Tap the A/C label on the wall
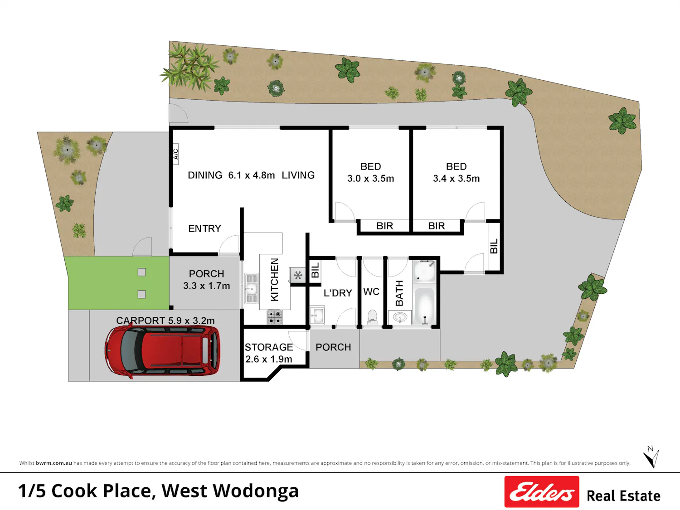(x=175, y=154)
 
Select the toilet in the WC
(x=372, y=317)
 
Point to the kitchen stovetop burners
(x=274, y=317)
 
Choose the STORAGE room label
(x=268, y=347)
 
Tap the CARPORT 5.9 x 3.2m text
(x=165, y=321)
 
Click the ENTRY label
(x=204, y=228)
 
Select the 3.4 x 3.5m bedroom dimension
(x=456, y=178)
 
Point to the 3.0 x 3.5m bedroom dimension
(x=370, y=178)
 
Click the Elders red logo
(x=542, y=491)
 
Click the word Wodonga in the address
(x=256, y=491)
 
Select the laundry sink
(x=317, y=316)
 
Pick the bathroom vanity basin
(x=400, y=317)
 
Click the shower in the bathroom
(x=424, y=271)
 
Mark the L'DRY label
(x=338, y=293)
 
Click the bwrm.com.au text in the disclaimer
(x=53, y=463)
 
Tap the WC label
(x=371, y=291)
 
